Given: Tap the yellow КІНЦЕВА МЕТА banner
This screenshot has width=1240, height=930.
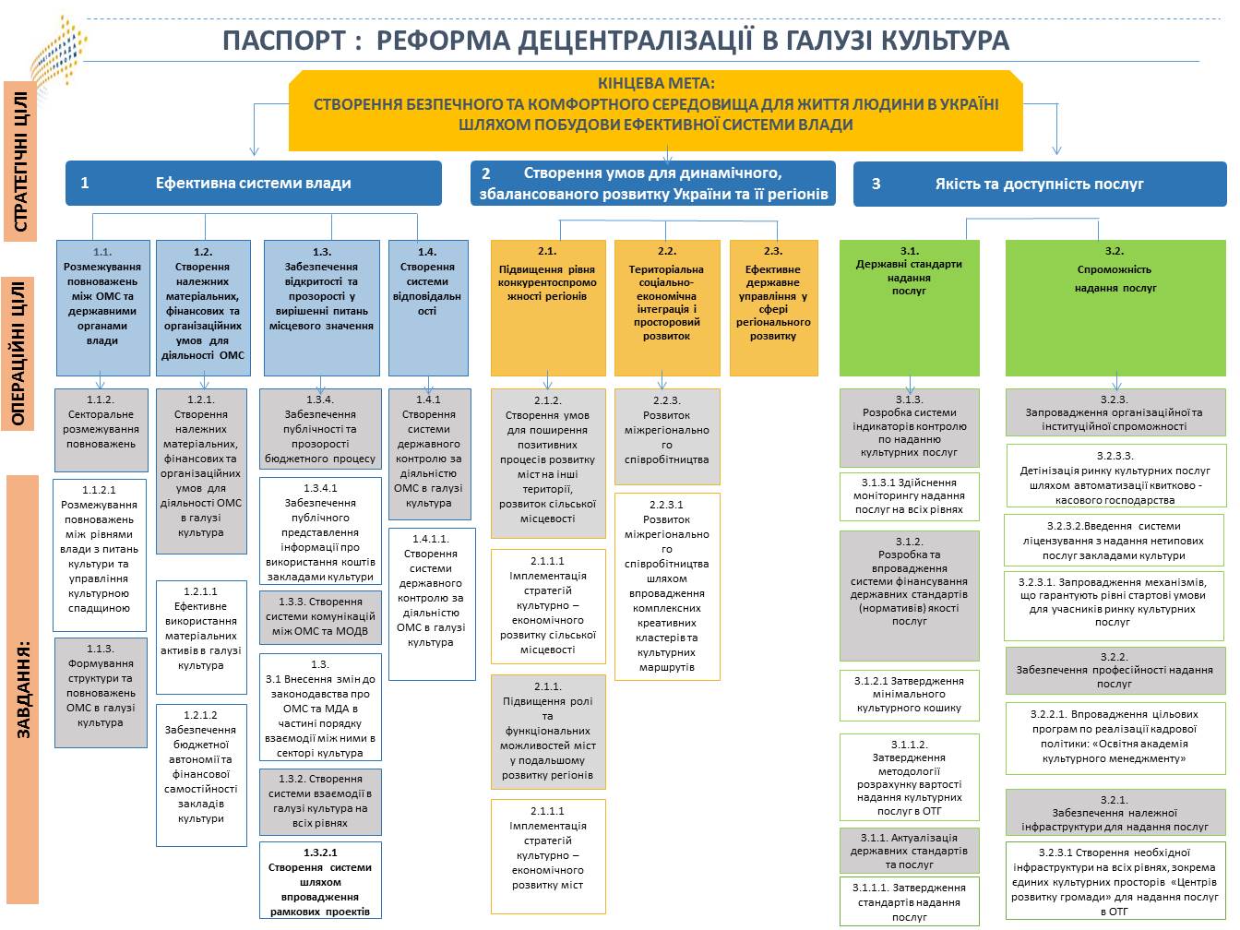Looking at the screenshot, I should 655,110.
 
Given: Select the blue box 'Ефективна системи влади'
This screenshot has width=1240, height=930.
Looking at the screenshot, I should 253,183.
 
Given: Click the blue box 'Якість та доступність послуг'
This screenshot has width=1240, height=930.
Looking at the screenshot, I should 1039,184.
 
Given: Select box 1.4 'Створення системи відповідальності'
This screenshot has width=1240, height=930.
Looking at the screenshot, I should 426,307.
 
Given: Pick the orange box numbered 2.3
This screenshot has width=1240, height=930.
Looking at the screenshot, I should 773,307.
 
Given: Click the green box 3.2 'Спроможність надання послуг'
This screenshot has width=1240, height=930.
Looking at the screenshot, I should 1115,307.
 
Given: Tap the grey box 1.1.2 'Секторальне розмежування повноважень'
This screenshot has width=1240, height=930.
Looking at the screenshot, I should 101,430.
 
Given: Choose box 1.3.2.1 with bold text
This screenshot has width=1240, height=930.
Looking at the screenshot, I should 320,880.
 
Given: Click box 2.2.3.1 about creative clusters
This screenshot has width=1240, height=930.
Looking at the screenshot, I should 666,587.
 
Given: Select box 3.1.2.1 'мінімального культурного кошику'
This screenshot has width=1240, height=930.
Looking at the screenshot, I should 909,694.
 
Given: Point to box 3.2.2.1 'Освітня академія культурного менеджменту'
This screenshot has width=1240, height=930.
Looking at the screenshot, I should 1114,736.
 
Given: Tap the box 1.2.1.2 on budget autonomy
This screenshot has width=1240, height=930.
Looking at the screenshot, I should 201,774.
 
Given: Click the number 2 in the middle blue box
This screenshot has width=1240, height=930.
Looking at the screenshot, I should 486,173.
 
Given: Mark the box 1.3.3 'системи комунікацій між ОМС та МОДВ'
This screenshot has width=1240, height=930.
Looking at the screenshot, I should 320,616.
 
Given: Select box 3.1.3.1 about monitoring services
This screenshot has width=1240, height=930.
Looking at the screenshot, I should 909,496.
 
